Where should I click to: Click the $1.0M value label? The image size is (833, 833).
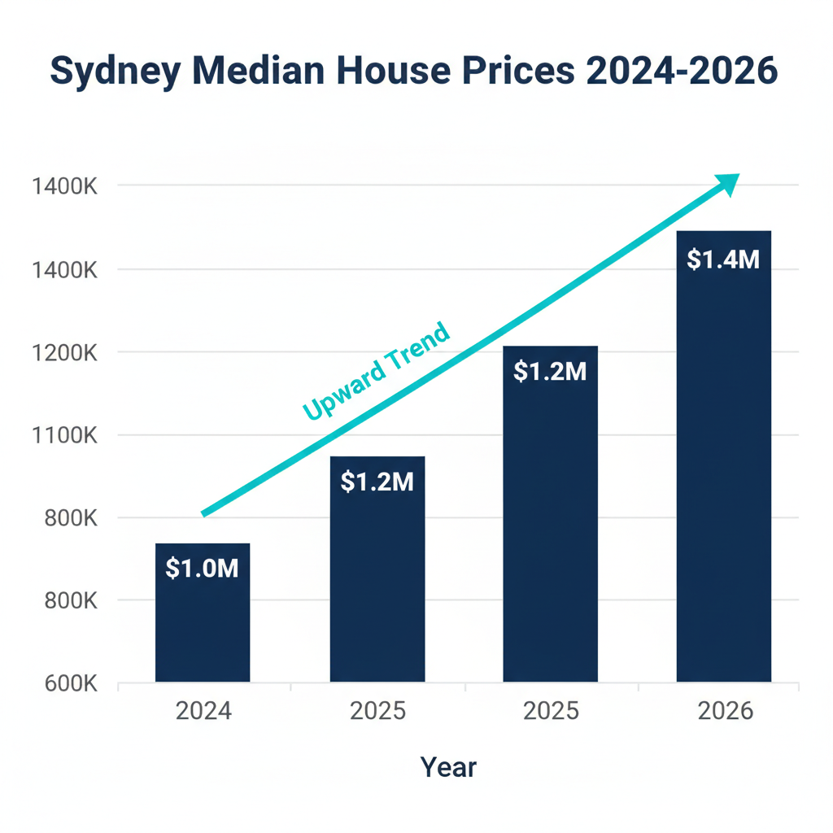coord(202,568)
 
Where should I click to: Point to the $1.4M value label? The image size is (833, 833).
coord(723,259)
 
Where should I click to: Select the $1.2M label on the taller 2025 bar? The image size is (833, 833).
coord(550,372)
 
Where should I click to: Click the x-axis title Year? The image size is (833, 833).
coord(448,766)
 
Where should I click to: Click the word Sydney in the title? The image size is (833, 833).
coord(113,72)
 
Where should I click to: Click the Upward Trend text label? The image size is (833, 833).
coord(375,372)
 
